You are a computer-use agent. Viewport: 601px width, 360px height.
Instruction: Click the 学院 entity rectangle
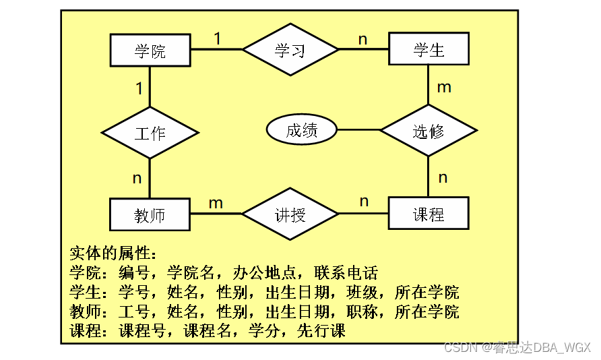(x=150, y=51)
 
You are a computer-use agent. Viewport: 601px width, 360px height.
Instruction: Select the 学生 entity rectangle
(x=429, y=50)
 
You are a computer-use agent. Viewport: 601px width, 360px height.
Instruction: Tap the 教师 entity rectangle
(x=150, y=215)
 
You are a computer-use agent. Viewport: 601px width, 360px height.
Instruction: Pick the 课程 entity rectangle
(x=429, y=214)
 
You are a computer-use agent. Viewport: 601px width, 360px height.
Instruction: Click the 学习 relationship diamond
(x=290, y=50)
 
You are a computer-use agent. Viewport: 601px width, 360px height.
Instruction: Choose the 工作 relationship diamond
(x=150, y=132)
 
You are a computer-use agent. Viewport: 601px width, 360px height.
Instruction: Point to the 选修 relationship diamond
(x=429, y=131)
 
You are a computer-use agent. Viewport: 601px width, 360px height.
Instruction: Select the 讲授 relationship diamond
(x=290, y=214)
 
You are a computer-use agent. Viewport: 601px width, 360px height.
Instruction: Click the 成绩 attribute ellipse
(x=302, y=130)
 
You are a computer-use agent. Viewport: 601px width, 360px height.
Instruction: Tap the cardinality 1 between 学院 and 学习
(x=218, y=38)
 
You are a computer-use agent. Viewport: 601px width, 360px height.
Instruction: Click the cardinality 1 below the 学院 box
(x=138, y=88)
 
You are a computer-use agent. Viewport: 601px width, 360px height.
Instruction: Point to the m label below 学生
(x=444, y=87)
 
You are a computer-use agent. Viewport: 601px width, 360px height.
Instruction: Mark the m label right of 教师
(x=216, y=203)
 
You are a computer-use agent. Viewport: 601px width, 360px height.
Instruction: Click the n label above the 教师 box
(x=137, y=178)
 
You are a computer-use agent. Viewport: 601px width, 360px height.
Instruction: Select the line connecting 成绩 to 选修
(x=358, y=130)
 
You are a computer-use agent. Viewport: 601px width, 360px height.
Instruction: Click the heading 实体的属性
(x=113, y=253)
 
